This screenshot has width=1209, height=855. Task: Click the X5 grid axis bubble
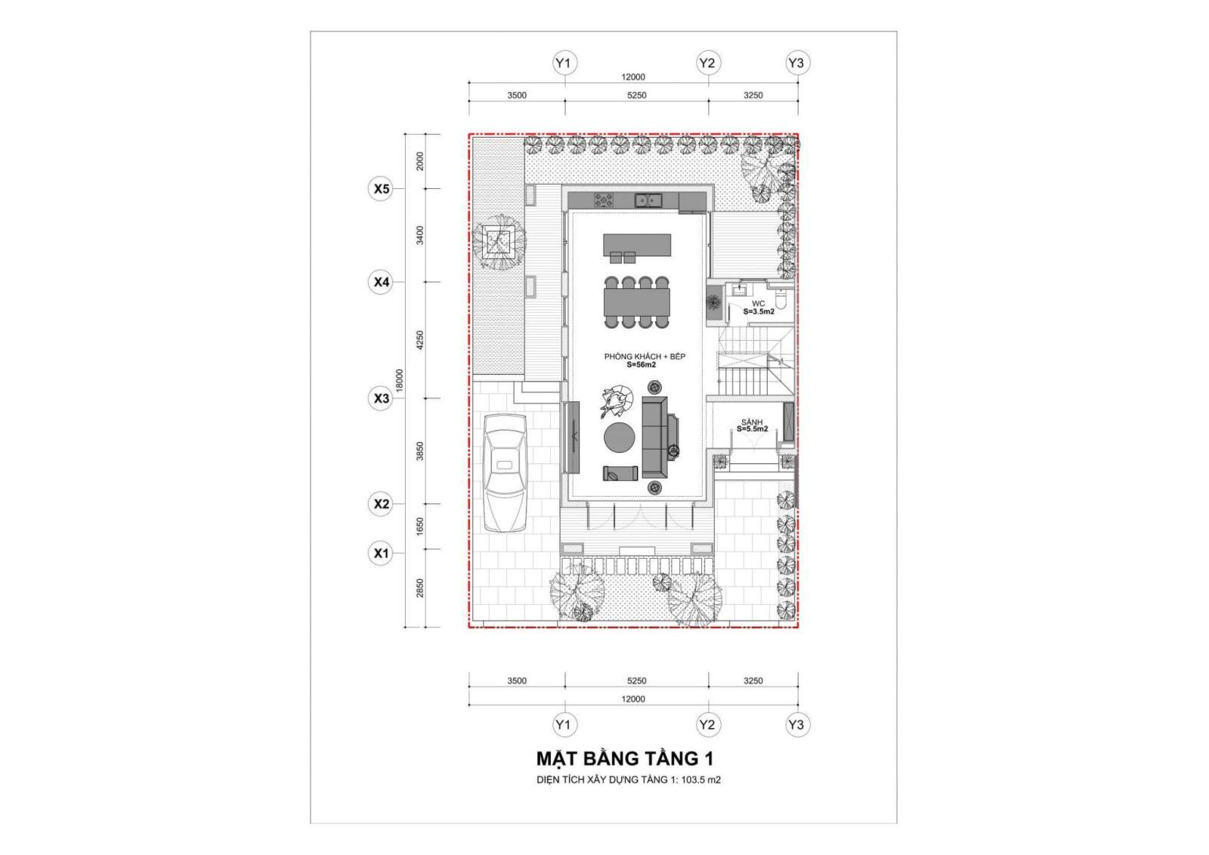382,188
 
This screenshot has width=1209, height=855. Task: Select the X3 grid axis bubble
382,398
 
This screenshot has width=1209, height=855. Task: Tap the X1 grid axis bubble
382,553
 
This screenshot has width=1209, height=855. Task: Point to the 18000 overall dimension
400,380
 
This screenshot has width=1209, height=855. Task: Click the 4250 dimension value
420,340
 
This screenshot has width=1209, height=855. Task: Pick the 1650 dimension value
420,526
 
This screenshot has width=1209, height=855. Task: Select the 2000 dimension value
420,161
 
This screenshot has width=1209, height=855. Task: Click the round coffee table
620,437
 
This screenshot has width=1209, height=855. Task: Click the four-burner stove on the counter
604,200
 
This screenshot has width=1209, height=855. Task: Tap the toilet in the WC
782,302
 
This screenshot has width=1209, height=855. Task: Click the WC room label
759,303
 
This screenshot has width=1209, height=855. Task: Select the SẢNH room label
752,422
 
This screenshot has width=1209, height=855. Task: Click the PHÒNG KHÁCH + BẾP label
645,356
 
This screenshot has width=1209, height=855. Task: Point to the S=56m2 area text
642,365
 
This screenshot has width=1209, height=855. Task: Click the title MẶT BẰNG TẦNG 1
625,758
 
